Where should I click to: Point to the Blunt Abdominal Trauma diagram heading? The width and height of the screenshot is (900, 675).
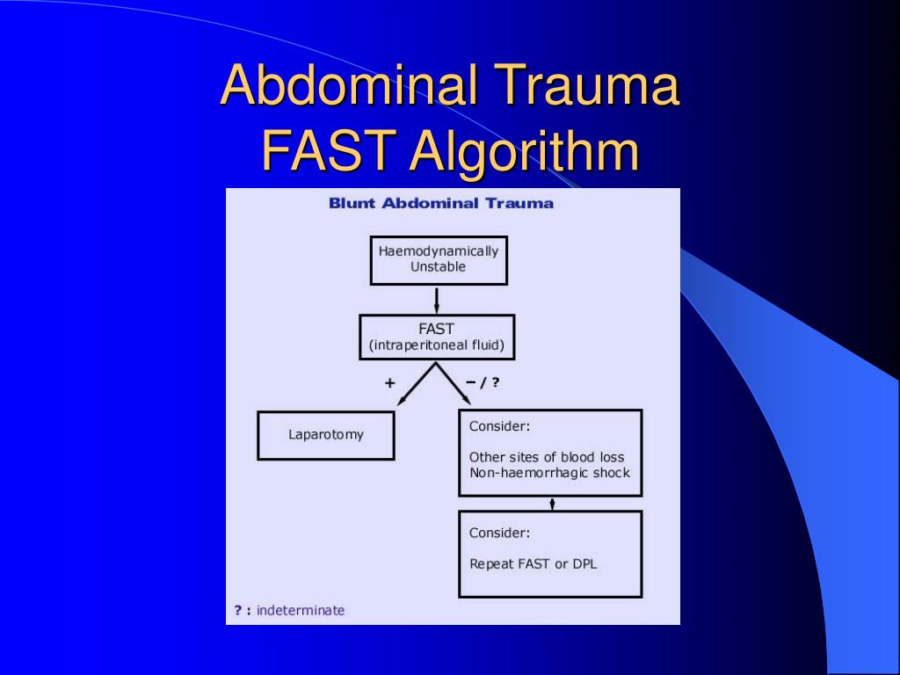[441, 204]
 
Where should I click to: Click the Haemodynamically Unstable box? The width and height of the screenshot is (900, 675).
[439, 259]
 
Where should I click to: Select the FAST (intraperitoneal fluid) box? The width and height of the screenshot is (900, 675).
[437, 337]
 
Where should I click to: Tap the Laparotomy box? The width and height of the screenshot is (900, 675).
[326, 435]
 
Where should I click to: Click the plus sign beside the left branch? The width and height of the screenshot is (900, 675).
[389, 383]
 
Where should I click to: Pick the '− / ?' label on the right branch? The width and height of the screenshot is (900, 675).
[483, 383]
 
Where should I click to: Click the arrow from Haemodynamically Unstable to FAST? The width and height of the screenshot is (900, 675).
[437, 300]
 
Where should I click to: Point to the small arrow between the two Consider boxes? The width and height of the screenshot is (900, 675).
[552, 503]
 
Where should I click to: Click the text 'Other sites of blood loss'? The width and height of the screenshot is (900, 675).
[547, 457]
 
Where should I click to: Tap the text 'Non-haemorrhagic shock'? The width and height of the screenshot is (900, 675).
[549, 473]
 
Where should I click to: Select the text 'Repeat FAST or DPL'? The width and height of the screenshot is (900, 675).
[533, 564]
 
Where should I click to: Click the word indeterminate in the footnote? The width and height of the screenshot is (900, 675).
[301, 610]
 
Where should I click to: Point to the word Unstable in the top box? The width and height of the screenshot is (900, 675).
[438, 267]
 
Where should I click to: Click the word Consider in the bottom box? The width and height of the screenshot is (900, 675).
[499, 533]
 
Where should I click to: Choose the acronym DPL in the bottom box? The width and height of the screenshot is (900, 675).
[584, 564]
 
